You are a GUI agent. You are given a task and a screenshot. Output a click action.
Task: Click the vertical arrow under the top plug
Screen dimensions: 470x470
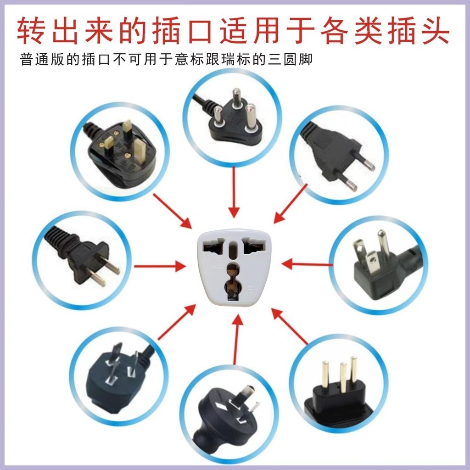[x=234, y=192]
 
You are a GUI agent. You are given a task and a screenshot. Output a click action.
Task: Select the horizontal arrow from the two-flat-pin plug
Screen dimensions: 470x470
[x=160, y=266]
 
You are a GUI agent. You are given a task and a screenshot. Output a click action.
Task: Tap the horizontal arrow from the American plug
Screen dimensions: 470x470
[x=307, y=264]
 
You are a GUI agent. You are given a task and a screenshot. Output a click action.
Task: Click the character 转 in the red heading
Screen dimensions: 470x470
[x=31, y=31]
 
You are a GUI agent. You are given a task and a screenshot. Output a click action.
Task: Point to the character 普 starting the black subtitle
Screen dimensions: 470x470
[x=26, y=59]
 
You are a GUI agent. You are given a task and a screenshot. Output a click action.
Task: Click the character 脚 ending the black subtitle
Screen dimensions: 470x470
[x=306, y=59]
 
